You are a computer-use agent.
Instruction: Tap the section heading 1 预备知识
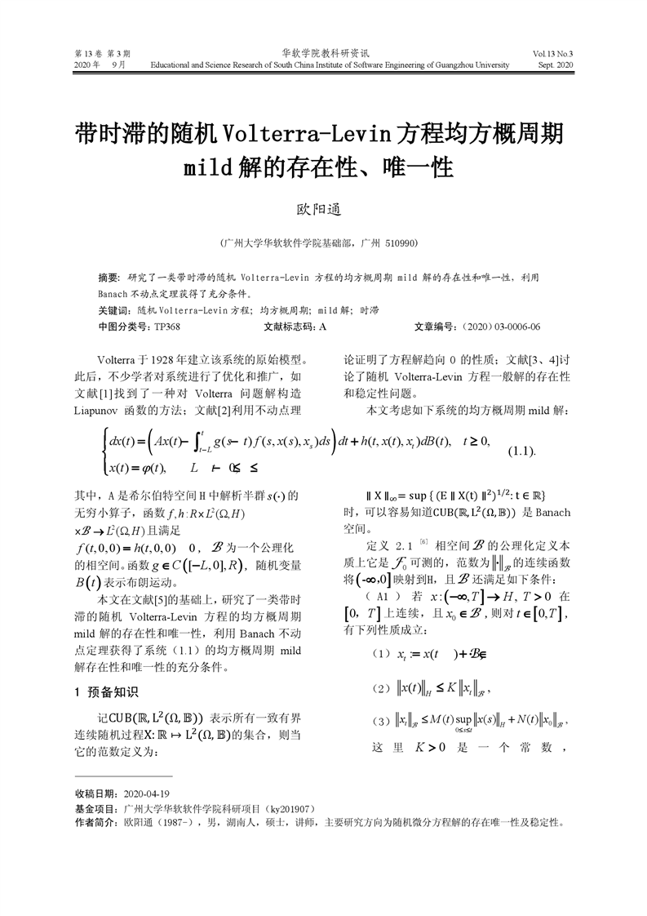(x=106, y=692)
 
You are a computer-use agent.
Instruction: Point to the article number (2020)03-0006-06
(x=500, y=327)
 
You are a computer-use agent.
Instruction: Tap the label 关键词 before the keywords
(x=113, y=311)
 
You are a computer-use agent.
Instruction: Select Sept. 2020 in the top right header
(x=556, y=64)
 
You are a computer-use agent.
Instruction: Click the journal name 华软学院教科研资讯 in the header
(x=323, y=51)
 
